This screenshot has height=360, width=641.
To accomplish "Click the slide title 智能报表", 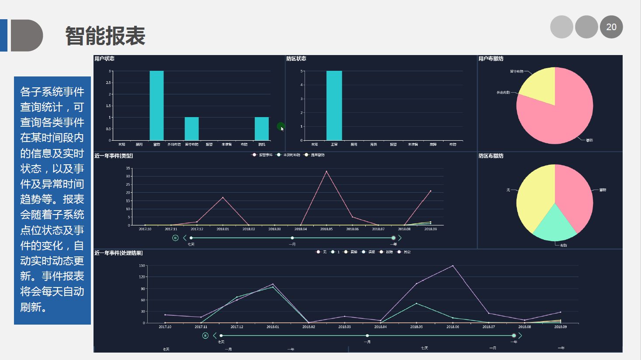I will coord(105,36).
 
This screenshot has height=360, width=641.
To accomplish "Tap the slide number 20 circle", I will coord(611,27).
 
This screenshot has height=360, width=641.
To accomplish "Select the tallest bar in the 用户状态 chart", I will coord(156,105).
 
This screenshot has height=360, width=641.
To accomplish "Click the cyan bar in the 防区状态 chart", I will coord(334,105).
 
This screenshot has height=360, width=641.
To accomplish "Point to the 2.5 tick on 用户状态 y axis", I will coord(108,83).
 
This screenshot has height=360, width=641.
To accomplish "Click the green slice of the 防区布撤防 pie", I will coord(554,225).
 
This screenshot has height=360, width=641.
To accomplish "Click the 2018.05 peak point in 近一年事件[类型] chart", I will coord(326,171).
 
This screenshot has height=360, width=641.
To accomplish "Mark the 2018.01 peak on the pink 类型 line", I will coord(223,197).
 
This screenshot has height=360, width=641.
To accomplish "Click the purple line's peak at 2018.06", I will coord(453,266).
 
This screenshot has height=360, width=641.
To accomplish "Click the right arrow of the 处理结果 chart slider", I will coord(520,336).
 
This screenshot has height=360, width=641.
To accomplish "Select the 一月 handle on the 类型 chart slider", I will coord(292,238).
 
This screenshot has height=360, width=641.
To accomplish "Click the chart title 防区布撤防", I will coord(491,156).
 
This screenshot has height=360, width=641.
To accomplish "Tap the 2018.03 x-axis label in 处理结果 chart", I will coord(344,327).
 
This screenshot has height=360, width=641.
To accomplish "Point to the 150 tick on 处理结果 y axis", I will coord(142,266).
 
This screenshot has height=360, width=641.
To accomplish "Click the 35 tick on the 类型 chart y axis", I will coord(128,168).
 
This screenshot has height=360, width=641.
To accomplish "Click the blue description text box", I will coord(52,200).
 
